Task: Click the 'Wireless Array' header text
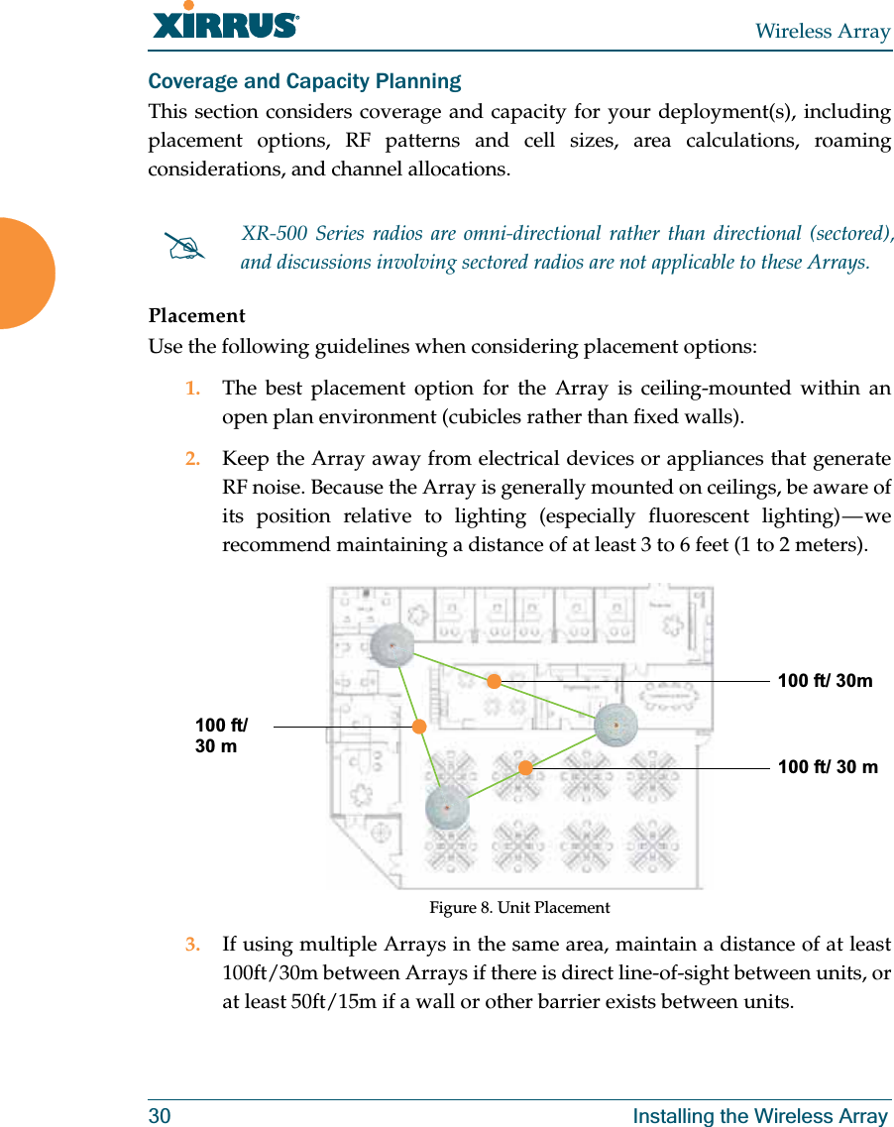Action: [822, 32]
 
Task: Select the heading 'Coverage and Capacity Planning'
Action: [304, 81]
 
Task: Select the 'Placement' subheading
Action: [196, 316]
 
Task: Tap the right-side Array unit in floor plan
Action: [615, 726]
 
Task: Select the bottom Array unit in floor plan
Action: [447, 808]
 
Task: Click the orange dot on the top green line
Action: [494, 681]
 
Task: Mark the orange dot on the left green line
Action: [419, 727]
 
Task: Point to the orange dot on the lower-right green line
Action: [525, 767]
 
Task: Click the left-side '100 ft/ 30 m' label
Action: [221, 736]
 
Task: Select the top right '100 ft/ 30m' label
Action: [825, 681]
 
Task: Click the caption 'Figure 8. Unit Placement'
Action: [519, 908]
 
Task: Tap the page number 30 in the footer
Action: [160, 1116]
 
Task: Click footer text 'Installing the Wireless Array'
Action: [760, 1116]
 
